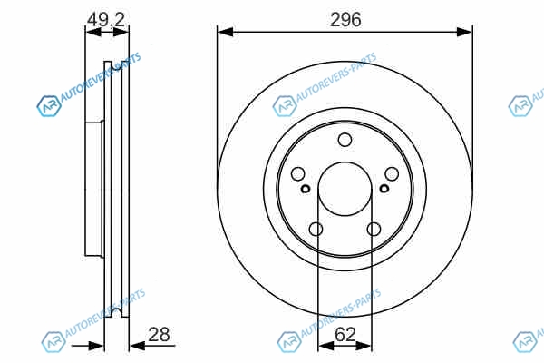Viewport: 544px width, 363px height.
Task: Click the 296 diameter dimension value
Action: (345, 19)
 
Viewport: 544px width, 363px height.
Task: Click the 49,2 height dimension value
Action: (106, 19)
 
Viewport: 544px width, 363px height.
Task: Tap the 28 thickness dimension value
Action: (159, 335)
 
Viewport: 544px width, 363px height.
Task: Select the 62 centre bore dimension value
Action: (345, 335)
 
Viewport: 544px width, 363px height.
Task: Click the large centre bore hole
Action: (345, 189)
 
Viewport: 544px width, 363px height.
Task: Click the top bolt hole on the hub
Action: (345, 140)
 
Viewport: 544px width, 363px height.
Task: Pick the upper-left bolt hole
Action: (297, 173)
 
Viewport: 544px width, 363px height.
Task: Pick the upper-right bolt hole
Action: (392, 173)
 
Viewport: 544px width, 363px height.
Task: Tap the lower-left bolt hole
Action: (316, 230)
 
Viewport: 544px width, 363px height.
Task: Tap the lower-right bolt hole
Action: (374, 230)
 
